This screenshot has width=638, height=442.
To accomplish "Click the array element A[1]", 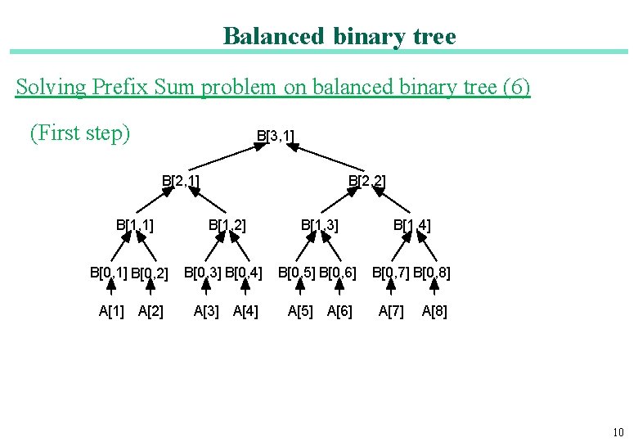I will coord(111,311).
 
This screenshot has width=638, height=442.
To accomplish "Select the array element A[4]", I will coord(245,311).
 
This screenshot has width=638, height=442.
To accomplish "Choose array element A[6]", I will coord(339,311).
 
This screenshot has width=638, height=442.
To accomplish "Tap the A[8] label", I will coord(434,311).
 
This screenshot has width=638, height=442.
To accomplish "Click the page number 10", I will coord(618,432).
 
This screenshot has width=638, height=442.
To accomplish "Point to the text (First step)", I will coord(80,133).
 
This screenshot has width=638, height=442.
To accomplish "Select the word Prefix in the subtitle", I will coord(121,87).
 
